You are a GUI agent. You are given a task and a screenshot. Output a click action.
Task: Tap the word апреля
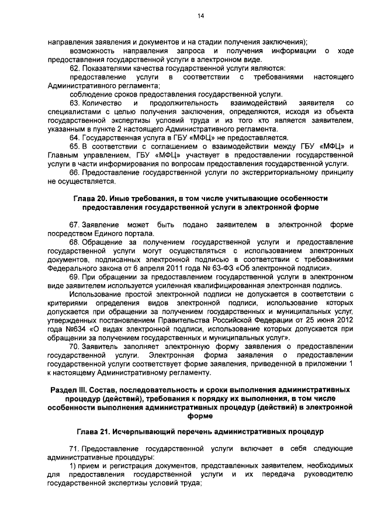[x=150, y=268]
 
